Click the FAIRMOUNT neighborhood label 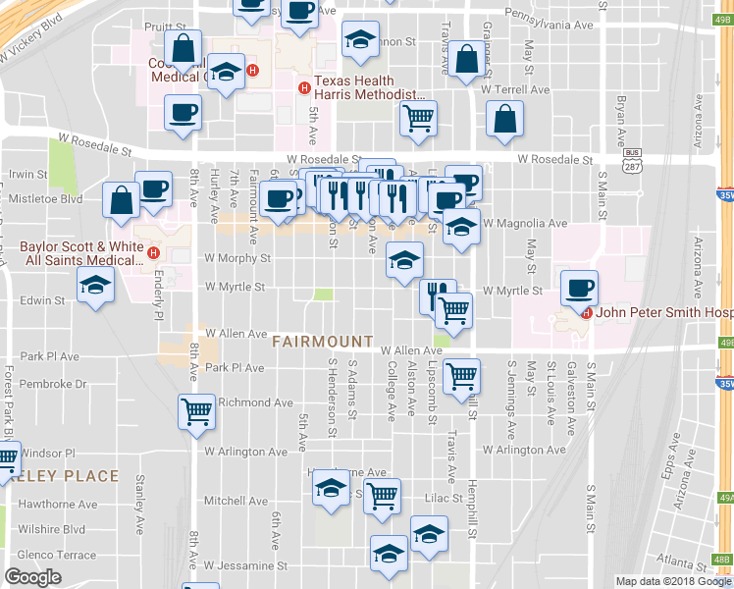tap(322, 342)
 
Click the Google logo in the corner tap(32, 577)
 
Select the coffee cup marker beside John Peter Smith tap(579, 287)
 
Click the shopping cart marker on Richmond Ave tap(196, 411)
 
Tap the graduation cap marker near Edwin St tap(95, 285)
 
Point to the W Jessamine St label tap(245, 565)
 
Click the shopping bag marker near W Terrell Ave tap(504, 119)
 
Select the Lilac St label tap(443, 499)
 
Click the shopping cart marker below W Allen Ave tap(460, 375)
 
